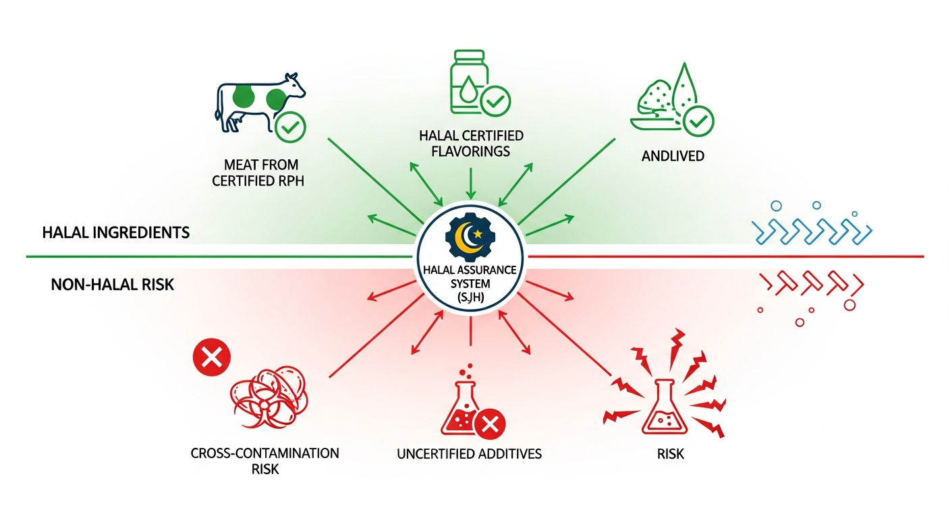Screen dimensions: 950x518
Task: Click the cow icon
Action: click(260, 103)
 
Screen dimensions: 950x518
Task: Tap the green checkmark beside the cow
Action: click(290, 127)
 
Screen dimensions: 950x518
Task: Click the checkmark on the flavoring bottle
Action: click(495, 101)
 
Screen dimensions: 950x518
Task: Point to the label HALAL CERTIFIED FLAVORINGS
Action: click(471, 143)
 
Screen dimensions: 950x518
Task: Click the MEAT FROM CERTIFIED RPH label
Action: click(258, 173)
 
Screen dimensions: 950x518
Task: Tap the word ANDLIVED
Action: click(673, 156)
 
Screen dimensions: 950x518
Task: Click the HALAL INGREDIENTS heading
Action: click(116, 232)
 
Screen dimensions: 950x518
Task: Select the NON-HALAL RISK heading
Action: click(113, 285)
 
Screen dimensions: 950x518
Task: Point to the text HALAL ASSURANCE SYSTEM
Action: click(470, 277)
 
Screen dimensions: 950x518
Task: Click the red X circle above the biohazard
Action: click(212, 357)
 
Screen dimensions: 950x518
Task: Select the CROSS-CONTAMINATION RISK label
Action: click(264, 461)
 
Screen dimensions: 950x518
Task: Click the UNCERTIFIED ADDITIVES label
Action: click(469, 454)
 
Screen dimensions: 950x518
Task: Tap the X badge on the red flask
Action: click(490, 424)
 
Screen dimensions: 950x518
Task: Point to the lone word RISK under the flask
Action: click(670, 454)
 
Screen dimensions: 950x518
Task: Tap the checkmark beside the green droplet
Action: click(698, 121)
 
